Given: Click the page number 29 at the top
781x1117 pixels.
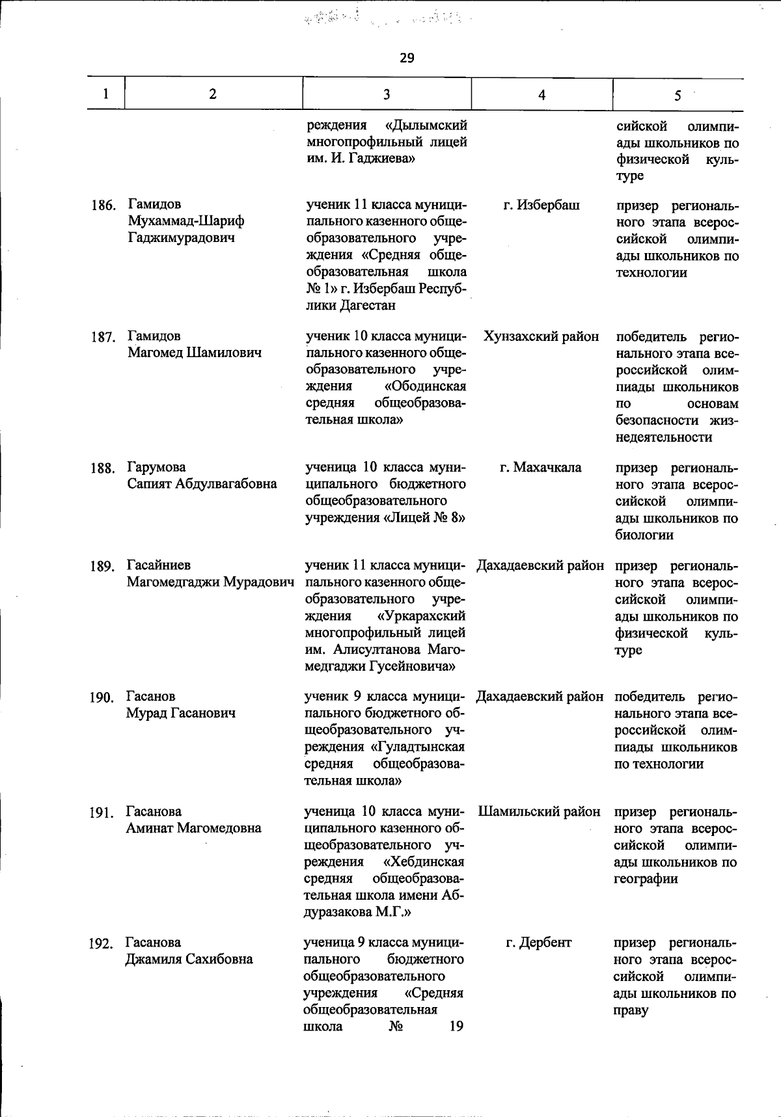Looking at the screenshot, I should [x=407, y=59].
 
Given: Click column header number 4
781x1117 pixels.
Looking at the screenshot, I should [x=541, y=95].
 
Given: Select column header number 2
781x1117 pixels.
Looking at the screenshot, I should [x=213, y=94].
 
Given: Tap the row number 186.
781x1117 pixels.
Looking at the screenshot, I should [x=103, y=206].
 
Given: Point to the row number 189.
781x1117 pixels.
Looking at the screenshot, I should [x=103, y=566].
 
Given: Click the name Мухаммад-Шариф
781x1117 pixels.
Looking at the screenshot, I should [x=186, y=222].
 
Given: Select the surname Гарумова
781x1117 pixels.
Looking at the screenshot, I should [x=156, y=467].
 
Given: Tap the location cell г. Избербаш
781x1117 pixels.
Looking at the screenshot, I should [x=541, y=206].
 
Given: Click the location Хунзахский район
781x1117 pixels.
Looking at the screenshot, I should [x=541, y=336].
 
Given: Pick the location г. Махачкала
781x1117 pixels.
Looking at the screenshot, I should [x=541, y=467].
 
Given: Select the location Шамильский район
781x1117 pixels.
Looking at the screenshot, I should [x=540, y=812].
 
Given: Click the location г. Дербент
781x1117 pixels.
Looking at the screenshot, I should [x=539, y=943].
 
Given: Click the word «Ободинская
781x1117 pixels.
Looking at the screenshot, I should [x=424, y=386].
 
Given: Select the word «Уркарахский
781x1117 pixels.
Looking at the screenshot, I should [x=421, y=615].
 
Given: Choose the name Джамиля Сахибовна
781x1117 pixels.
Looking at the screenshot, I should [x=189, y=960].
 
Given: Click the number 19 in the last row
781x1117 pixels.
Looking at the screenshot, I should [x=456, y=1027].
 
